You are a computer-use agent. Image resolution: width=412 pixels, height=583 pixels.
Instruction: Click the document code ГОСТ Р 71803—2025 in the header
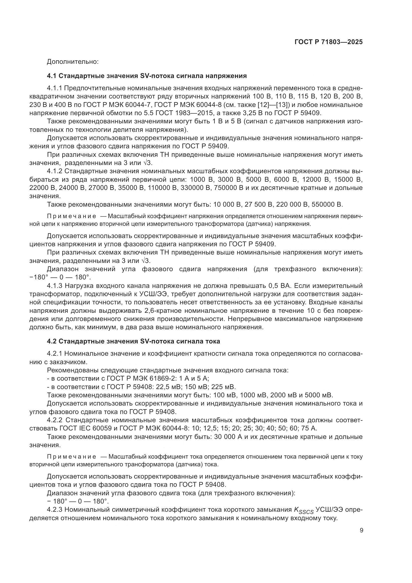click(x=328, y=42)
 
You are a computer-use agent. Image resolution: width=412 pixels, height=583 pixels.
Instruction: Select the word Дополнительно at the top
click(x=73, y=62)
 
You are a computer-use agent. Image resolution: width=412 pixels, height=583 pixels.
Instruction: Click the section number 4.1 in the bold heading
click(x=52, y=76)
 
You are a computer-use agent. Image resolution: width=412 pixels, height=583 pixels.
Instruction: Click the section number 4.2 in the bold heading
click(x=52, y=341)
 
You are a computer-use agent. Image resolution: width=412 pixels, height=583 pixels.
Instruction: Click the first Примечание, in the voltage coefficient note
click(x=71, y=216)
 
